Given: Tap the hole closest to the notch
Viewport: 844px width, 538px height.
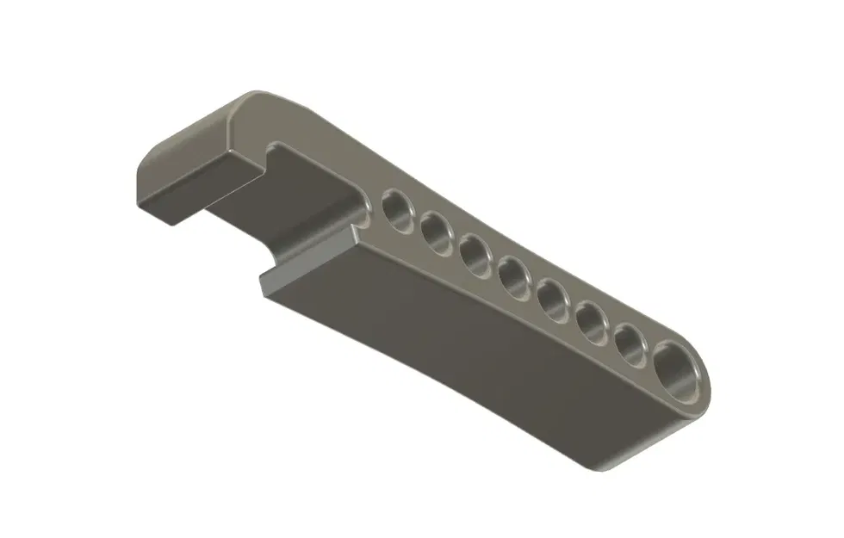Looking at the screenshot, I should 398,209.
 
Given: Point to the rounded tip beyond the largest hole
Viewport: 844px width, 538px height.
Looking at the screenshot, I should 708,392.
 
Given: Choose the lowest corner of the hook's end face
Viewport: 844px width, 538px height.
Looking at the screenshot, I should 177,226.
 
